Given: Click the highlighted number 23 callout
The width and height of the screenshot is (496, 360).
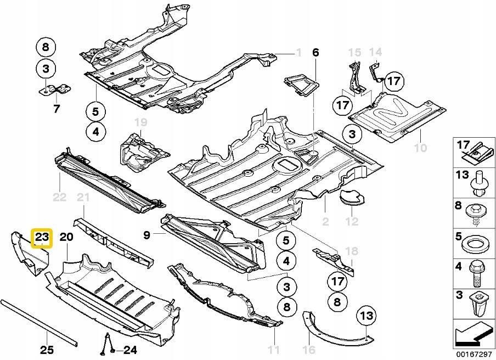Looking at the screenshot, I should tap(42, 238).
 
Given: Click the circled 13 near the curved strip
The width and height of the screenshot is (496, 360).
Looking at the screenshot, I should tap(367, 316).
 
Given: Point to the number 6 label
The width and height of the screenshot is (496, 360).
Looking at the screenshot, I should tap(315, 53).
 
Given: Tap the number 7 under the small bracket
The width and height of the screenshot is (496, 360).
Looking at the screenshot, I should tap(56, 109).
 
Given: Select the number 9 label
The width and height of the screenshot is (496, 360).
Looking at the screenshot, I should tap(147, 235).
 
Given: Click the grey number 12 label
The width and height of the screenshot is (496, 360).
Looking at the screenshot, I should tap(352, 222).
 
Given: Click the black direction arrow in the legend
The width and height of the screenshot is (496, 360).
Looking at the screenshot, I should tap(473, 333).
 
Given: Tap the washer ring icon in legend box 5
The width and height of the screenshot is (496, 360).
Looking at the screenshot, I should tap(474, 243).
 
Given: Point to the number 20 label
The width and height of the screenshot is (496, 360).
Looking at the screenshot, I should tap(66, 237).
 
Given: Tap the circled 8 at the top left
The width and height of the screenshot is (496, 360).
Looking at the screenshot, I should tap(46, 47).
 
